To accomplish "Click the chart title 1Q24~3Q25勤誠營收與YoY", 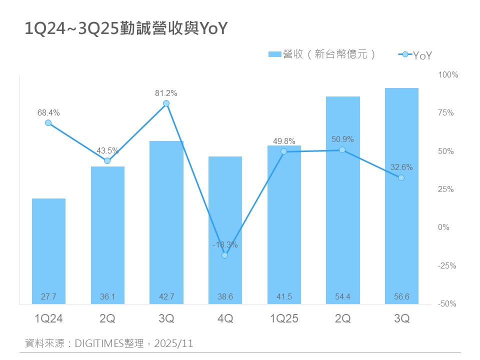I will click(x=126, y=29).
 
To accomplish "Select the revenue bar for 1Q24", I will click(x=48, y=250).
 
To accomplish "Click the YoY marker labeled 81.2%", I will click(x=166, y=103).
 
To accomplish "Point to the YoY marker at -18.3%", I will click(x=224, y=255).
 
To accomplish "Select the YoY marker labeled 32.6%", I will click(x=401, y=177).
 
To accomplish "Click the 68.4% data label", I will click(x=47, y=113).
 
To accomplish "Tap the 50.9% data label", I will click(x=342, y=139).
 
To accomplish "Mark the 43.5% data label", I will click(x=107, y=150).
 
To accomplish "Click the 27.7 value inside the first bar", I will click(x=48, y=297).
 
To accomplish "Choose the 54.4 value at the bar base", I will click(x=342, y=297).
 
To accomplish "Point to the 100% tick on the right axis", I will click(x=448, y=75).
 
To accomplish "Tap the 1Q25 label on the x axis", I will click(x=283, y=318).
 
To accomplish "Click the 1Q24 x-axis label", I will click(x=48, y=318).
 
